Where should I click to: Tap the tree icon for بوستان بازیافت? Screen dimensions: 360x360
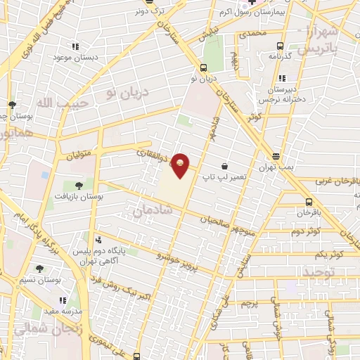(78, 186)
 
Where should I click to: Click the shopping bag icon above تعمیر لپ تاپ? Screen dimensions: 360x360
(224, 166)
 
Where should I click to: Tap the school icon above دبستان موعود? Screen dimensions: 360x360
(75, 47)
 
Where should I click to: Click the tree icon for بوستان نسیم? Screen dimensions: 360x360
(39, 268)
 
